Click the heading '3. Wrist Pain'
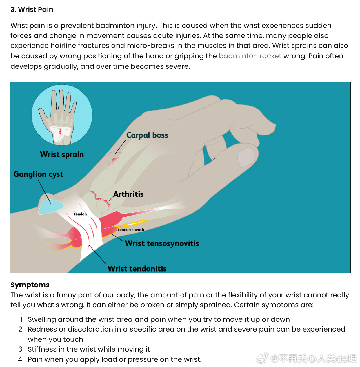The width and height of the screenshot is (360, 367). (32, 10)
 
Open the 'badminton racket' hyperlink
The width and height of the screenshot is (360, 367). (250, 56)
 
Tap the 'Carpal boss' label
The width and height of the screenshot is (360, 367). (147, 135)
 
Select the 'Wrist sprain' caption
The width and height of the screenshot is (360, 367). (62, 154)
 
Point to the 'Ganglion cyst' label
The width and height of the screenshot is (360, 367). (38, 174)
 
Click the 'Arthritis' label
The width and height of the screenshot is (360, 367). (128, 194)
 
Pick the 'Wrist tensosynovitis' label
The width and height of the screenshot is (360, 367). (162, 243)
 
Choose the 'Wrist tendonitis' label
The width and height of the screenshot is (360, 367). (137, 269)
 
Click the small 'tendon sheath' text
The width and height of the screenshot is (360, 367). (131, 229)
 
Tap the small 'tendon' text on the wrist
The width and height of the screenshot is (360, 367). (80, 214)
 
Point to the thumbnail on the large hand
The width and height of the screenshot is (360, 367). (246, 157)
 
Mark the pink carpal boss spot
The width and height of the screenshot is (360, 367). (115, 159)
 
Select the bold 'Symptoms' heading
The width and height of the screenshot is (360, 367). (30, 285)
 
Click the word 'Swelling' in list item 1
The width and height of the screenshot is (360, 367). (42, 319)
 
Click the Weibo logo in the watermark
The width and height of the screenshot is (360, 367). (262, 359)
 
